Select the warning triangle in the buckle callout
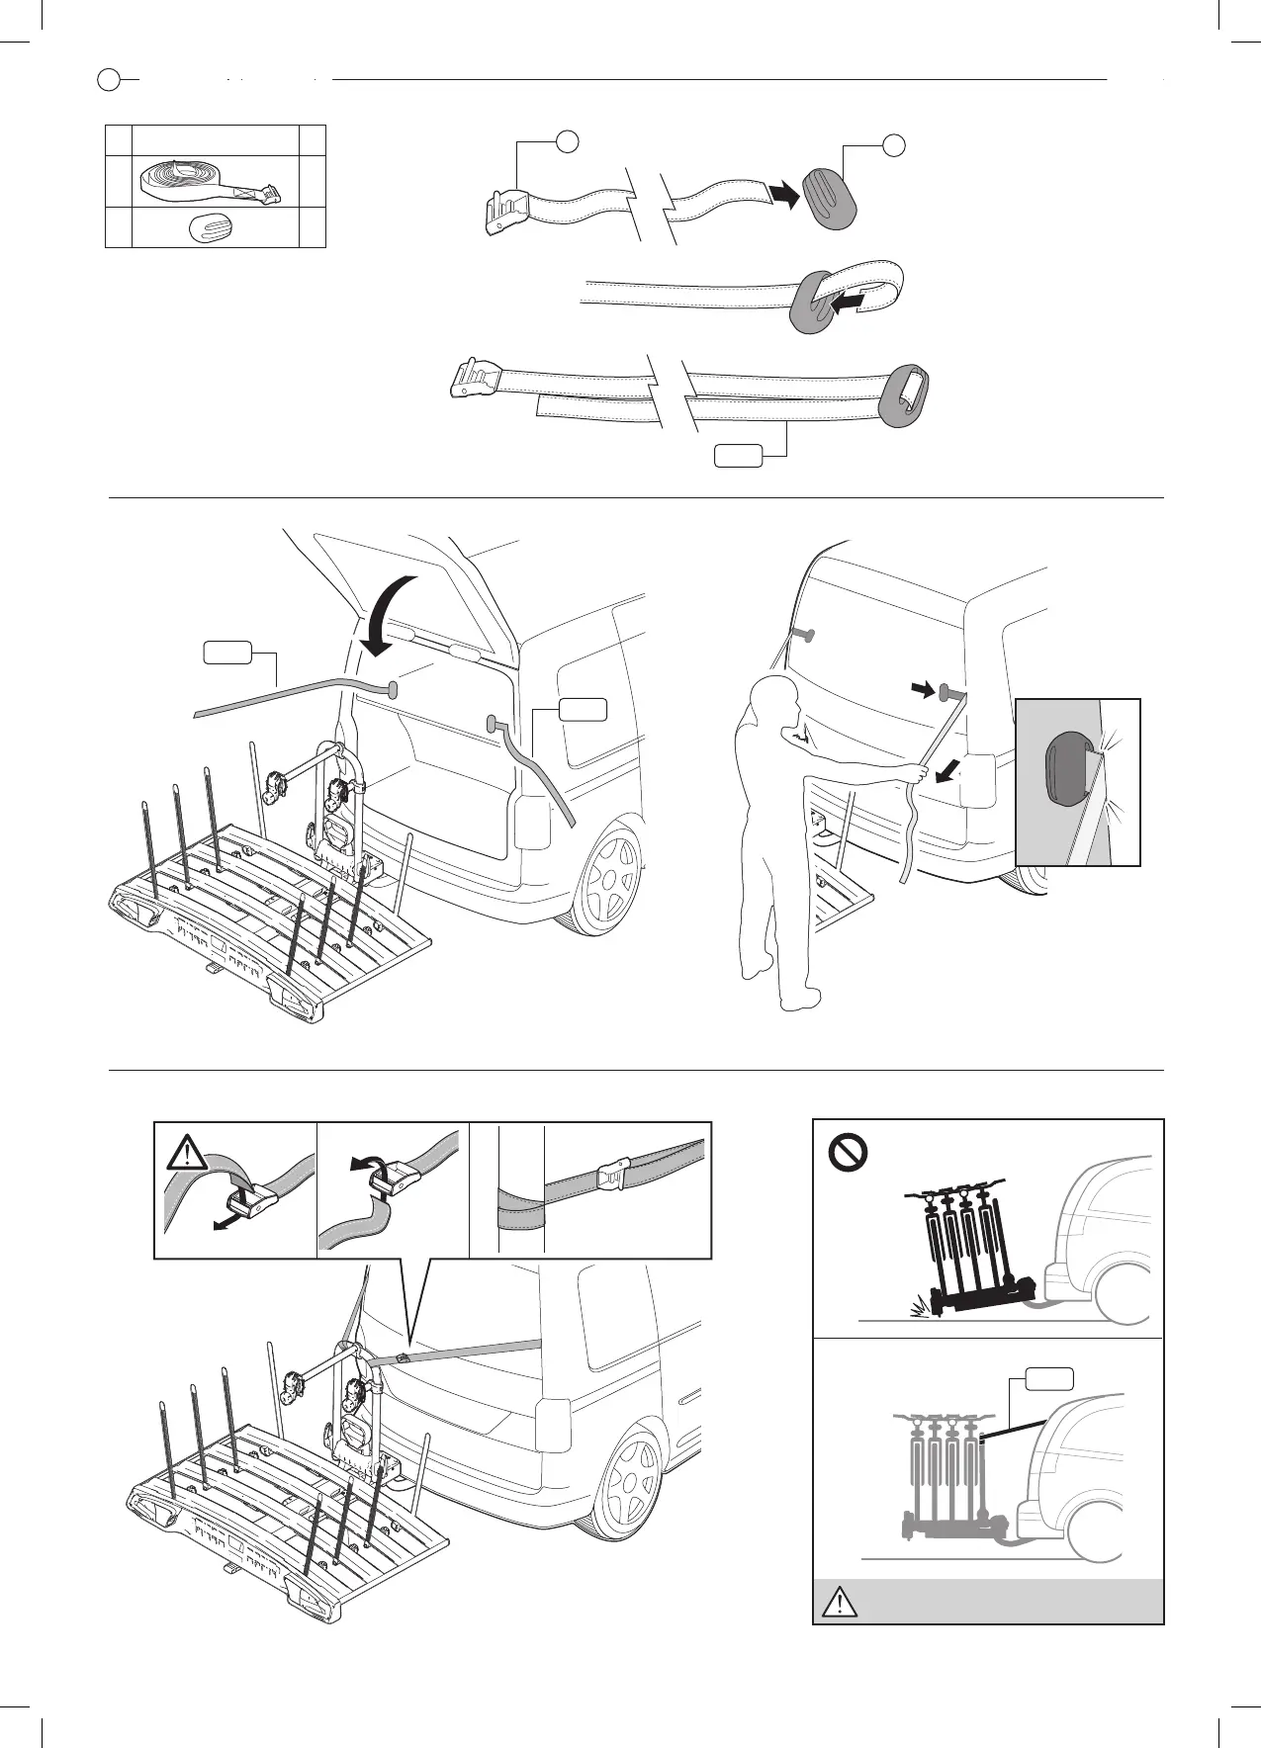188,1154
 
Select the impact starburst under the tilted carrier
926,1303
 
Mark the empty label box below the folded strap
739,456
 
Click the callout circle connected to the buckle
567,140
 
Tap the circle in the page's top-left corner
109,79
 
